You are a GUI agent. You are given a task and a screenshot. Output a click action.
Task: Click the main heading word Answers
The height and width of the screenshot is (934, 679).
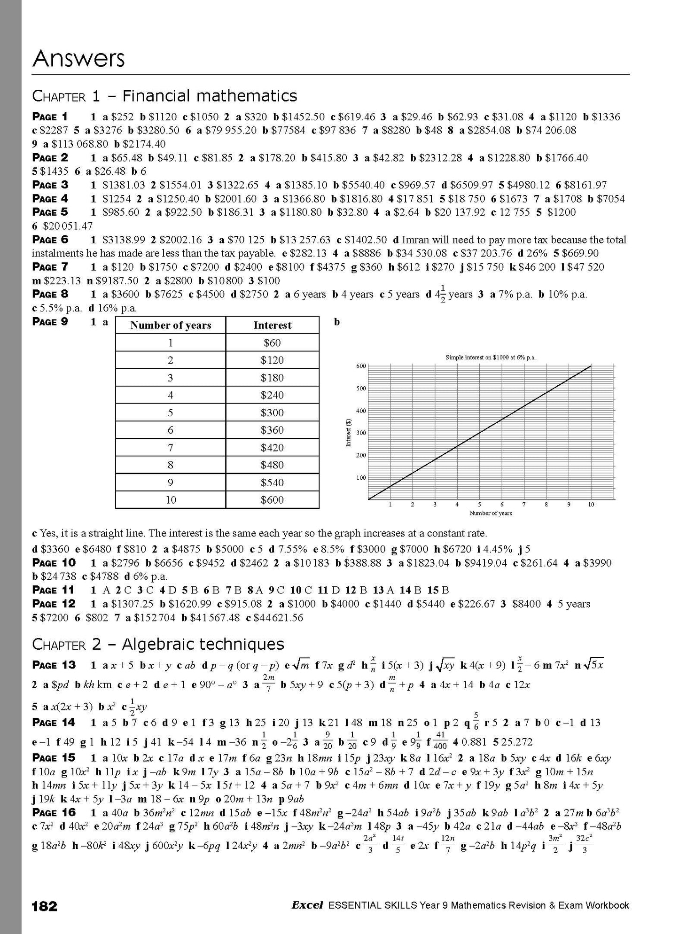[78, 59]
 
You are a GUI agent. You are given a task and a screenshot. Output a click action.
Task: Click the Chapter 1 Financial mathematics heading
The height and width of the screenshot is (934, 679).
[164, 96]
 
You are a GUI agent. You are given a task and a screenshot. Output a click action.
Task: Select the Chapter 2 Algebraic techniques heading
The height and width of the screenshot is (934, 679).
[158, 644]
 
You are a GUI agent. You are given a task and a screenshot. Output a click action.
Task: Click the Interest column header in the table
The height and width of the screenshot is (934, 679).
[272, 325]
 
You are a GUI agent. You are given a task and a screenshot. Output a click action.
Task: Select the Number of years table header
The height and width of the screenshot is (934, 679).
[171, 325]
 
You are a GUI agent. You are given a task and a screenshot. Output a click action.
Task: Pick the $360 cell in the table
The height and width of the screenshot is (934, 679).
[272, 430]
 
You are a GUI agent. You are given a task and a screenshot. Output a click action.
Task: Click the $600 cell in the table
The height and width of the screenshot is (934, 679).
[272, 500]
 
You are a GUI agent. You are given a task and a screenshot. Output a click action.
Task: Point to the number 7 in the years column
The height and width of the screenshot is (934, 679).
[171, 447]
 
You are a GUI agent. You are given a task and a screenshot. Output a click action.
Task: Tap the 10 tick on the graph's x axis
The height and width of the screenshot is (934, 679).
[591, 505]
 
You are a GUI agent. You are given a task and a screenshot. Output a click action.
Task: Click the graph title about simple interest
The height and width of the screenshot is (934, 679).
[490, 358]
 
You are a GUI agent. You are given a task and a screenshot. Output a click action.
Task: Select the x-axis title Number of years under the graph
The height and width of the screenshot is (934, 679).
[490, 513]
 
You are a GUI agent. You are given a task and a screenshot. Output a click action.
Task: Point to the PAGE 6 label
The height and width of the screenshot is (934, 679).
[50, 240]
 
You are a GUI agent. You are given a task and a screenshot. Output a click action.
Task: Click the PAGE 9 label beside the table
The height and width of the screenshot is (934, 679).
[50, 322]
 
